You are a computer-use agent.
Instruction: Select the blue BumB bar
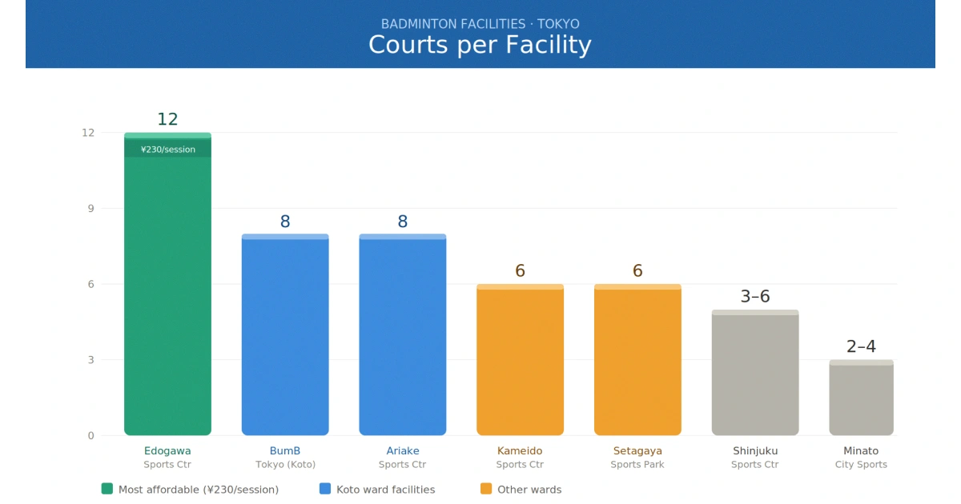point(285,336)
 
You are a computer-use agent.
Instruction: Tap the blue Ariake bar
point(402,336)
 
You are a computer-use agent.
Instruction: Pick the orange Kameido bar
point(520,360)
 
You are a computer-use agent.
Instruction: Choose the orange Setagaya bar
point(637,360)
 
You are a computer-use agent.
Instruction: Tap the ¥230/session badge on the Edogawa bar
point(167,149)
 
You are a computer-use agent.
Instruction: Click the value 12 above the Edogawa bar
point(167,119)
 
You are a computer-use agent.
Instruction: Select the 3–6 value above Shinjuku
point(755,297)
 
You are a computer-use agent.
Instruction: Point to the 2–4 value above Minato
point(861,346)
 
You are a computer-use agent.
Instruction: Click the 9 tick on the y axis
point(90,209)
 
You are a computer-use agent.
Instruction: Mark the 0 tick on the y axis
point(90,436)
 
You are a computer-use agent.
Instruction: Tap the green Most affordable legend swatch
point(107,489)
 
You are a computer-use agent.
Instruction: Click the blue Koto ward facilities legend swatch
point(325,489)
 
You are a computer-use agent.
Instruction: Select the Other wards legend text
point(529,490)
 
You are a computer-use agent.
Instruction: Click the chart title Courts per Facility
point(480,45)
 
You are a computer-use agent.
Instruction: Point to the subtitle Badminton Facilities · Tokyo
point(480,24)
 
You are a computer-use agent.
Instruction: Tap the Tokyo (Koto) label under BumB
point(285,465)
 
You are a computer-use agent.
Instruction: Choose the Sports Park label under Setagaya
point(637,465)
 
